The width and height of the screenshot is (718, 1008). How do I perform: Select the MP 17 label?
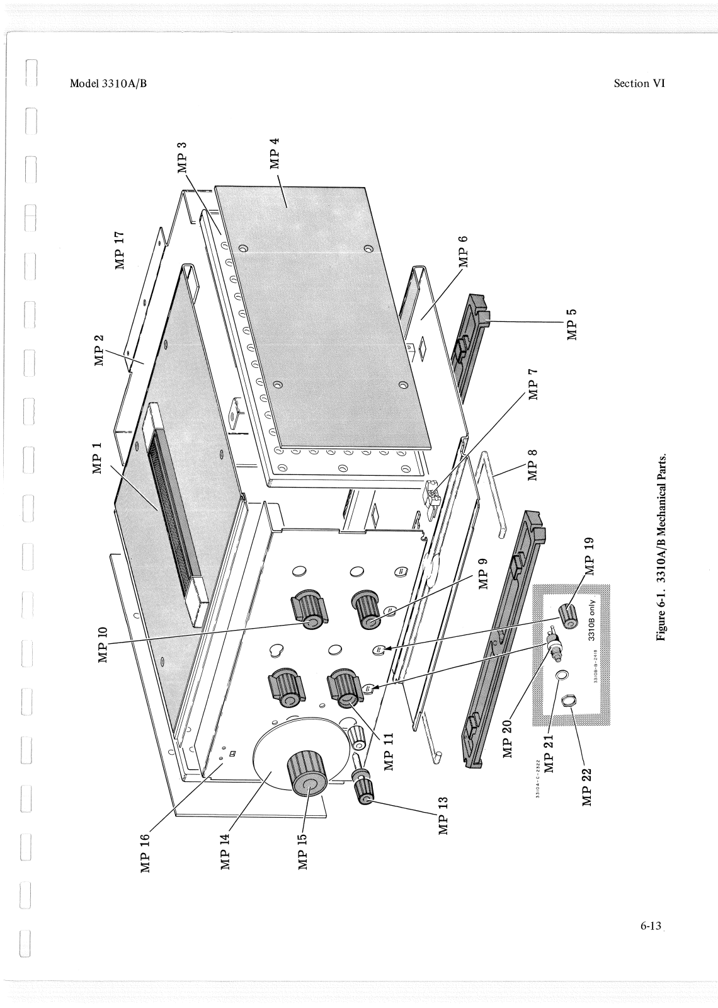tap(120, 250)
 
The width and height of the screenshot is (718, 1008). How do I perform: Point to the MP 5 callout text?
tap(572, 324)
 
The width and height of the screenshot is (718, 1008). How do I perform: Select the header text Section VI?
tap(639, 83)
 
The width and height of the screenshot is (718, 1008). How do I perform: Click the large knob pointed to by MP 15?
tap(308, 773)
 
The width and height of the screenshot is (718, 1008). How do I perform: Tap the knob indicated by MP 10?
tap(309, 611)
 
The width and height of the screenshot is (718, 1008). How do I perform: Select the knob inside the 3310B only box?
tap(568, 616)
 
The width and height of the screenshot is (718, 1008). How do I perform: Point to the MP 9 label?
tap(484, 573)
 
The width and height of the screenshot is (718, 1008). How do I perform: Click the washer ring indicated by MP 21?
tap(561, 676)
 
